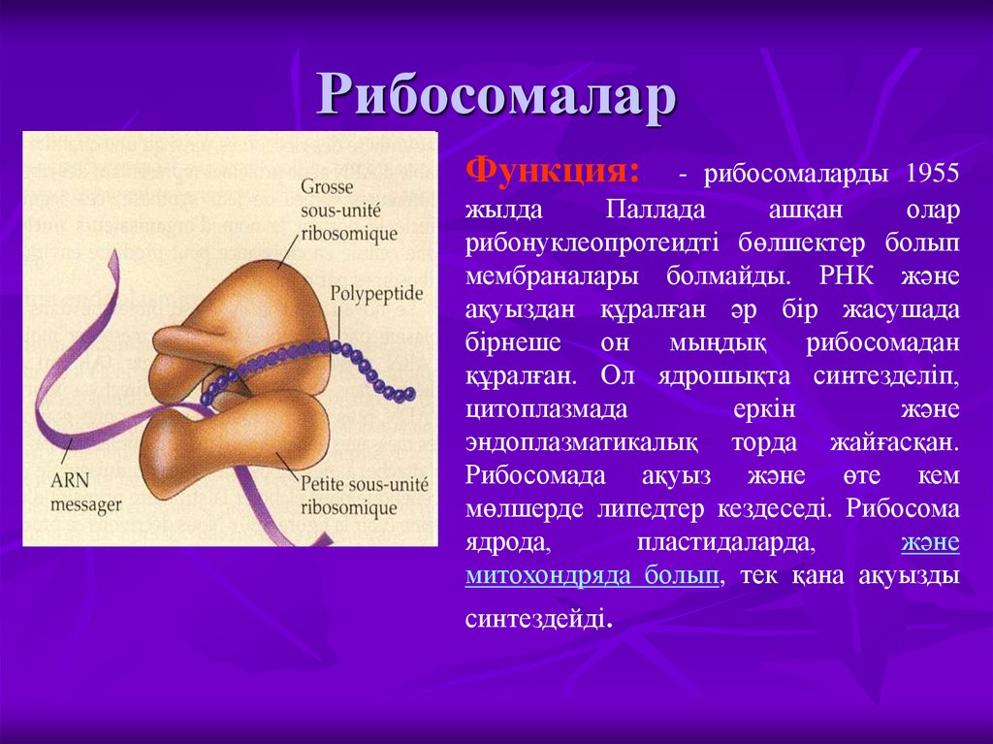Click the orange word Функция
click(x=553, y=173)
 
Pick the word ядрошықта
click(x=708, y=374)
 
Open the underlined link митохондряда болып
click(x=592, y=575)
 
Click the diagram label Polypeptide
click(x=372, y=292)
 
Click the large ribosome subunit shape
click(x=242, y=310)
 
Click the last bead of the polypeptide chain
click(x=409, y=393)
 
